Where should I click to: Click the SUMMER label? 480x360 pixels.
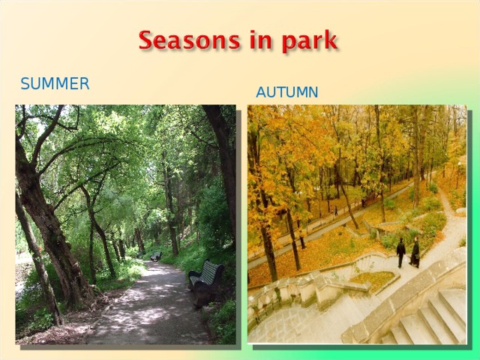tap(55, 84)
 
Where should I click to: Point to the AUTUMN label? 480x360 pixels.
tap(286, 93)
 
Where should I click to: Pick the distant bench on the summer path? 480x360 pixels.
tap(155, 256)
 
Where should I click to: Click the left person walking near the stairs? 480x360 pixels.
tap(401, 251)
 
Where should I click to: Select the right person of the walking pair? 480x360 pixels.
tap(415, 252)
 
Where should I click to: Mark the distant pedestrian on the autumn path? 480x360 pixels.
tap(335, 211)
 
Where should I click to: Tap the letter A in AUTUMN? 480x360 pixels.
tap(261, 93)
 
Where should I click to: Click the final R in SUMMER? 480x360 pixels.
tap(84, 84)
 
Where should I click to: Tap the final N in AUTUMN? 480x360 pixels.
tap(313, 93)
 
